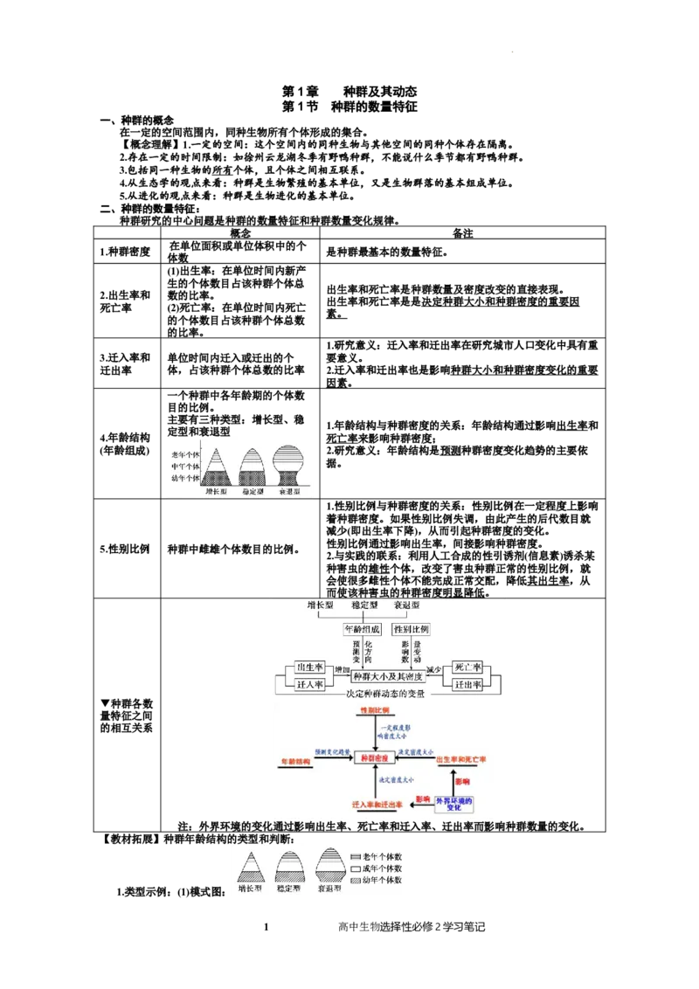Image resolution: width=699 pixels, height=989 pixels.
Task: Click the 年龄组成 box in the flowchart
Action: click(361, 629)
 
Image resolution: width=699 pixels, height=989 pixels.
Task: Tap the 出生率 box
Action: click(310, 668)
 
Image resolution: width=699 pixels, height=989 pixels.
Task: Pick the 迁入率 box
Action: click(310, 685)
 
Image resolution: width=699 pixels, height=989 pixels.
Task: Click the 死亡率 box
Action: click(468, 668)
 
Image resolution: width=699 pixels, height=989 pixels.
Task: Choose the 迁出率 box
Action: click(468, 685)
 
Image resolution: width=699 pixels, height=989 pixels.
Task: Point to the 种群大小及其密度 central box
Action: click(388, 676)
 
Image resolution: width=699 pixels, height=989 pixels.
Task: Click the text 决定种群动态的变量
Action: click(384, 695)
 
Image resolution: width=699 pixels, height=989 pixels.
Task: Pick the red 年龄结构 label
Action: click(294, 762)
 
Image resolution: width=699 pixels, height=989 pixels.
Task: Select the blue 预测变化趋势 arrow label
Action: click(334, 752)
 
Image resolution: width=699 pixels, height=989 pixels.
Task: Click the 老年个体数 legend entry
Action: click(377, 857)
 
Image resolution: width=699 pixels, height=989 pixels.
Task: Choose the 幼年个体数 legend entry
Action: click(377, 880)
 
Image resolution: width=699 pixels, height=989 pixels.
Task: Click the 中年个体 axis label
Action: click(185, 467)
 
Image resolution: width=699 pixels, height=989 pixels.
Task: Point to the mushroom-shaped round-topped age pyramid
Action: click(289, 467)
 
